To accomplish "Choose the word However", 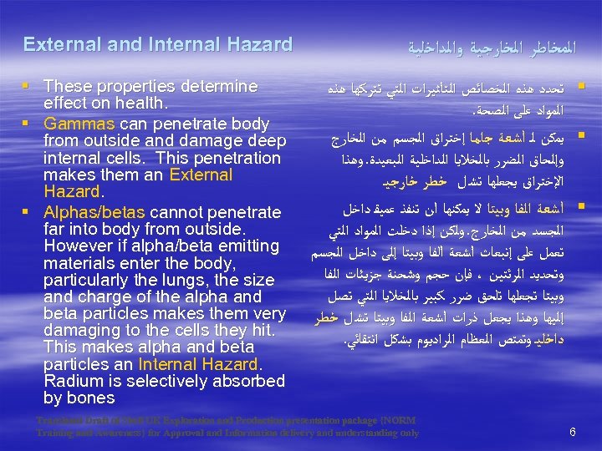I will (78, 246).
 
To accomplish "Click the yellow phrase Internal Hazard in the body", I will (199, 365).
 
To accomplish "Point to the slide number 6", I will (572, 432).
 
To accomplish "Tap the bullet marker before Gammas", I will (29, 124).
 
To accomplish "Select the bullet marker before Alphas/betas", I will (29, 210).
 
